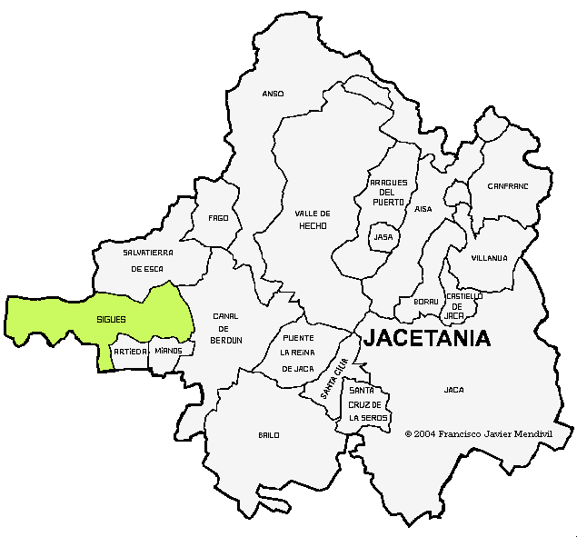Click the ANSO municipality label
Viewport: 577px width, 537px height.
273,94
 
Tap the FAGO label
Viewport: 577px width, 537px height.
218,218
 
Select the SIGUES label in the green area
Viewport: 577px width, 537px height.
111,320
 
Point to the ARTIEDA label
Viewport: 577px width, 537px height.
130,351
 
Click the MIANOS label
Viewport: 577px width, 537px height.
168,351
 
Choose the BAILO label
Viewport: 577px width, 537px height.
268,435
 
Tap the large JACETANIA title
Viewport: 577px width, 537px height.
427,339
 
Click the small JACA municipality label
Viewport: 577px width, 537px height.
453,390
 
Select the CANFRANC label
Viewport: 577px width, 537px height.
507,185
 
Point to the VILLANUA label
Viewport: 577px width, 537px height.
489,258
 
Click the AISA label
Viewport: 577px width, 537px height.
423,209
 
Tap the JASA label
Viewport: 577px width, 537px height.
383,237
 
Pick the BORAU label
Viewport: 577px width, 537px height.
426,301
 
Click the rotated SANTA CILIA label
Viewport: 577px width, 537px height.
334,380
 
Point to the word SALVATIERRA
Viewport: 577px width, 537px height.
148,252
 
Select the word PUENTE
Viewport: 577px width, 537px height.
298,337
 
